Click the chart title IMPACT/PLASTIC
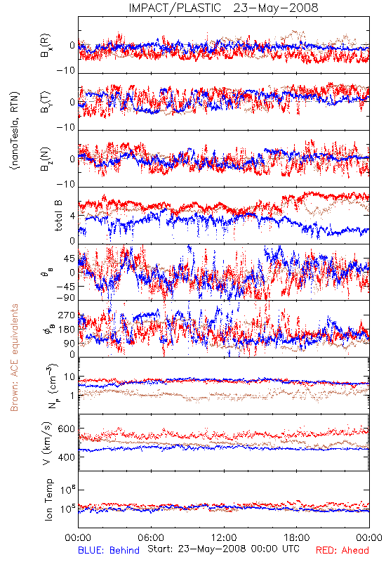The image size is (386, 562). tap(175, 8)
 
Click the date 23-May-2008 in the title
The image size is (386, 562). tap(276, 8)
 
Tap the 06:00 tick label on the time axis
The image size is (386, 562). tap(151, 537)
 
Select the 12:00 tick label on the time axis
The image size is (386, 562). tap(224, 537)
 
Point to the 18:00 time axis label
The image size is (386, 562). tap(297, 537)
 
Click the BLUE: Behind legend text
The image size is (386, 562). tap(109, 550)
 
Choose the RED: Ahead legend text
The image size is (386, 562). tap(342, 550)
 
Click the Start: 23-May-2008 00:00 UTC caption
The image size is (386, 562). tap(223, 549)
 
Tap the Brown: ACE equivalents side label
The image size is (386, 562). tap(14, 358)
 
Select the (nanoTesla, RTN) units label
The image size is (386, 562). tap(15, 131)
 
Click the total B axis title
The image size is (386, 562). tap(58, 216)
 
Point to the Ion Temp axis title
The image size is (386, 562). tap(48, 499)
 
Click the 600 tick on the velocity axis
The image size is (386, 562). tap(66, 429)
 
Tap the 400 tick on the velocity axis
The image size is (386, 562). tap(66, 457)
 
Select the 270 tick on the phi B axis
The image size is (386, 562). tap(66, 315)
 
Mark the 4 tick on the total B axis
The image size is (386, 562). tap(73, 216)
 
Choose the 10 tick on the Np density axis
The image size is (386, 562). tap(69, 377)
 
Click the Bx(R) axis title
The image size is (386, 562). tap(46, 45)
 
